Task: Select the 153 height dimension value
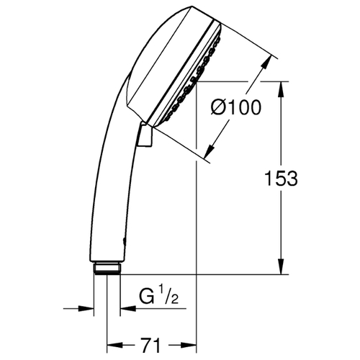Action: tap(281, 179)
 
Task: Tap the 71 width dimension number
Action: tap(151, 345)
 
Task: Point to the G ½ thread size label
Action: tap(158, 296)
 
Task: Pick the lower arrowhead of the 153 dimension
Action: tap(281, 266)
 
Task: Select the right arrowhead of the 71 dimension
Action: tap(189, 345)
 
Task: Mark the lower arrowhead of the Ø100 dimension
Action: tap(210, 150)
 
